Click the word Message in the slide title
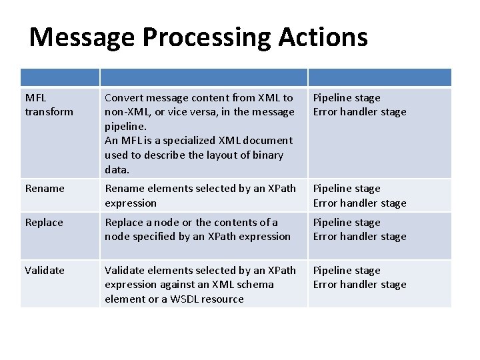[81, 37]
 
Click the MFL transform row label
[49, 105]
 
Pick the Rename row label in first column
[45, 189]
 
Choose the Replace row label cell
[44, 223]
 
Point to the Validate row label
[45, 271]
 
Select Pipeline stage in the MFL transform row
[347, 98]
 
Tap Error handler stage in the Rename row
[359, 203]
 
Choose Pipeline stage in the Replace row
[347, 223]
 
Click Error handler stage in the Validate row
[359, 285]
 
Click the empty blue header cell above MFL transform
[60, 77]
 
